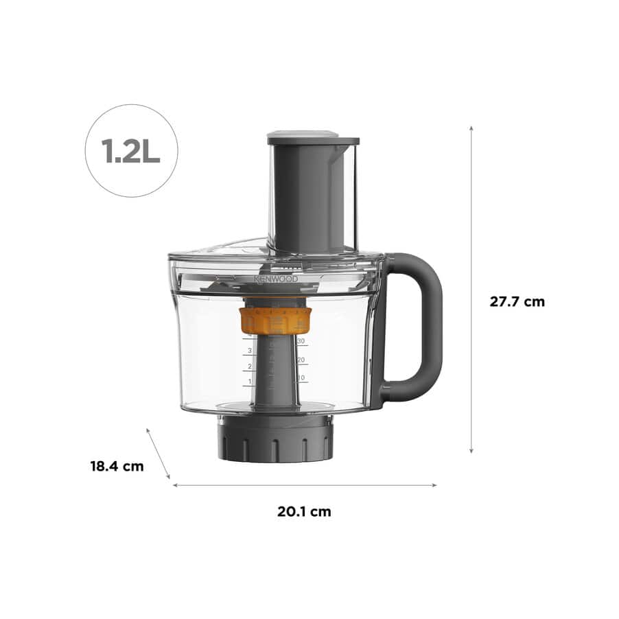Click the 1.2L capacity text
[x=131, y=151]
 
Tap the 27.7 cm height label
[x=517, y=301]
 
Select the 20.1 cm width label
[x=304, y=511]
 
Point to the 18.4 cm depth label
[x=117, y=466]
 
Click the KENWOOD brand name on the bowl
[x=276, y=280]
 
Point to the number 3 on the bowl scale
[x=250, y=351]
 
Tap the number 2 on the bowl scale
[x=250, y=366]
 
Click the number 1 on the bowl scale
[x=250, y=382]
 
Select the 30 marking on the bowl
[x=301, y=341]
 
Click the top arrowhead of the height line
[x=471, y=128]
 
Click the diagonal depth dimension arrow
[x=158, y=454]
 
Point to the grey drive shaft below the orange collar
[x=276, y=371]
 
